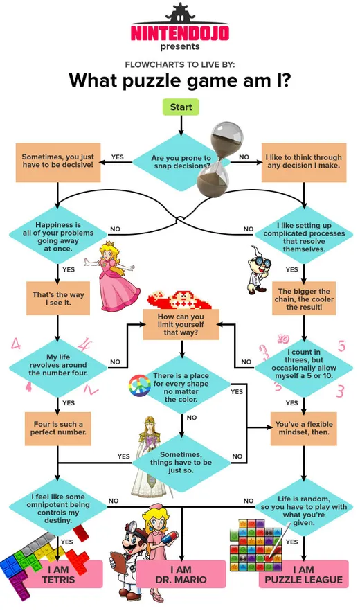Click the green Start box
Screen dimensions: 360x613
[181, 107]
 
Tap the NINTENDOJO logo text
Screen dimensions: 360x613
[180, 33]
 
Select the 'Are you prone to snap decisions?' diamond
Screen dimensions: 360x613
[181, 162]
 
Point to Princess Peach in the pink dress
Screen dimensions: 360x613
[113, 276]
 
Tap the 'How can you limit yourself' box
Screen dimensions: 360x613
[181, 324]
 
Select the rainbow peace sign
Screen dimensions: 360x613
[139, 385]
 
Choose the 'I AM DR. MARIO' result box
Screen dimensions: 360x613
[181, 574]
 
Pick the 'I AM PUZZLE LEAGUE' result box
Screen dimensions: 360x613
[303, 574]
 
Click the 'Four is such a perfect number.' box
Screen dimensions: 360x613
[58, 429]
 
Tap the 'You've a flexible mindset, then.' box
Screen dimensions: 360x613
[304, 429]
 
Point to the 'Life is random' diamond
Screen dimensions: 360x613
[304, 508]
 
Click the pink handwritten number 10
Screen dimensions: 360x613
[283, 339]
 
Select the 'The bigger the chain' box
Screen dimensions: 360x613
[304, 299]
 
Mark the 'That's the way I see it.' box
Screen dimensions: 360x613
[58, 299]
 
